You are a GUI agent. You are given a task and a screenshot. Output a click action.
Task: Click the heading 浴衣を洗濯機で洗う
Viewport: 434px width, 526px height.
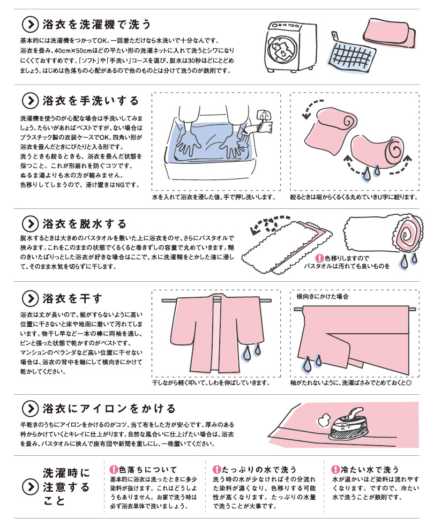coord(96,25)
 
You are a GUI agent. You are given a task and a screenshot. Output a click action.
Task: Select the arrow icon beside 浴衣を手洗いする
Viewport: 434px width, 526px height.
coord(30,101)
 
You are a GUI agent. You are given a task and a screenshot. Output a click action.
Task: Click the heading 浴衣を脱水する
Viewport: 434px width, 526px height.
coord(84,224)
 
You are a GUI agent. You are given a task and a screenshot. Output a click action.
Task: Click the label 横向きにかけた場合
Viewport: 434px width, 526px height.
coord(323,297)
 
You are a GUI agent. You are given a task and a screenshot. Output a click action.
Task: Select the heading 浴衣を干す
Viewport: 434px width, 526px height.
coord(72,298)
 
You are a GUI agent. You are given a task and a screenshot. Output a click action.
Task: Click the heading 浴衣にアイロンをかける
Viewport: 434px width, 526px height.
coord(109,409)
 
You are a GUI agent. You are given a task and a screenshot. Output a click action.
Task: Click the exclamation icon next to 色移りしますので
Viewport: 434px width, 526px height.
coord(320,258)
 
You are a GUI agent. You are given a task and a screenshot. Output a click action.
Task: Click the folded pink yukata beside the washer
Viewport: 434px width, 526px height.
coord(389,33)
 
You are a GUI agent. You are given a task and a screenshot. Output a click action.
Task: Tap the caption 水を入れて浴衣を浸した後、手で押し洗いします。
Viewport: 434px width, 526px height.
coord(214,197)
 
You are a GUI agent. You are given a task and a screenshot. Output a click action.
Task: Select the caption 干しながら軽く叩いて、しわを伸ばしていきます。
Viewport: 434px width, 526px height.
coord(211,383)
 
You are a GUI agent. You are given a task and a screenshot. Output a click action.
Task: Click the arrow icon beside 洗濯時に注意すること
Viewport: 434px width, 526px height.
coord(30,486)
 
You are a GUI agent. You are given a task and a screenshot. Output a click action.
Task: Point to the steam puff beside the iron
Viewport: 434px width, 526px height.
coord(323,420)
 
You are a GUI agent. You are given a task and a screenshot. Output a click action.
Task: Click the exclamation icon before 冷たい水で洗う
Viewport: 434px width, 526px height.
coord(335,470)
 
